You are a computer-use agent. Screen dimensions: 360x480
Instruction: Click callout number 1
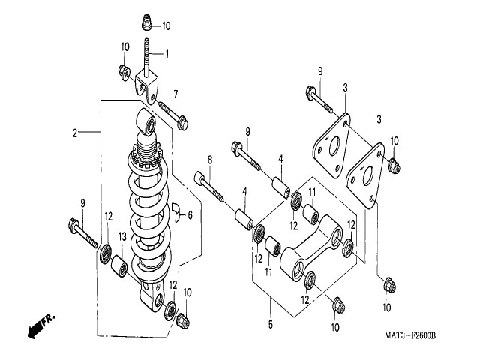pyautogui.click(x=166, y=53)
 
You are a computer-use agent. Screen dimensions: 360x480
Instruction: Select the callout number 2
pyautogui.click(x=75, y=133)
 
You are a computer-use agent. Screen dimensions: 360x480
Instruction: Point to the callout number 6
pyautogui.click(x=190, y=215)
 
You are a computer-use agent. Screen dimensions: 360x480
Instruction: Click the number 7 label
pyautogui.click(x=175, y=94)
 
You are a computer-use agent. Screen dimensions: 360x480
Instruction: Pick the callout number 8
pyautogui.click(x=210, y=159)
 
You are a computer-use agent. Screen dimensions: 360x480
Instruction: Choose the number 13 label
pyautogui.click(x=122, y=238)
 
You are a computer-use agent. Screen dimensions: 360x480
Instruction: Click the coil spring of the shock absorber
pyautogui.click(x=151, y=217)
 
